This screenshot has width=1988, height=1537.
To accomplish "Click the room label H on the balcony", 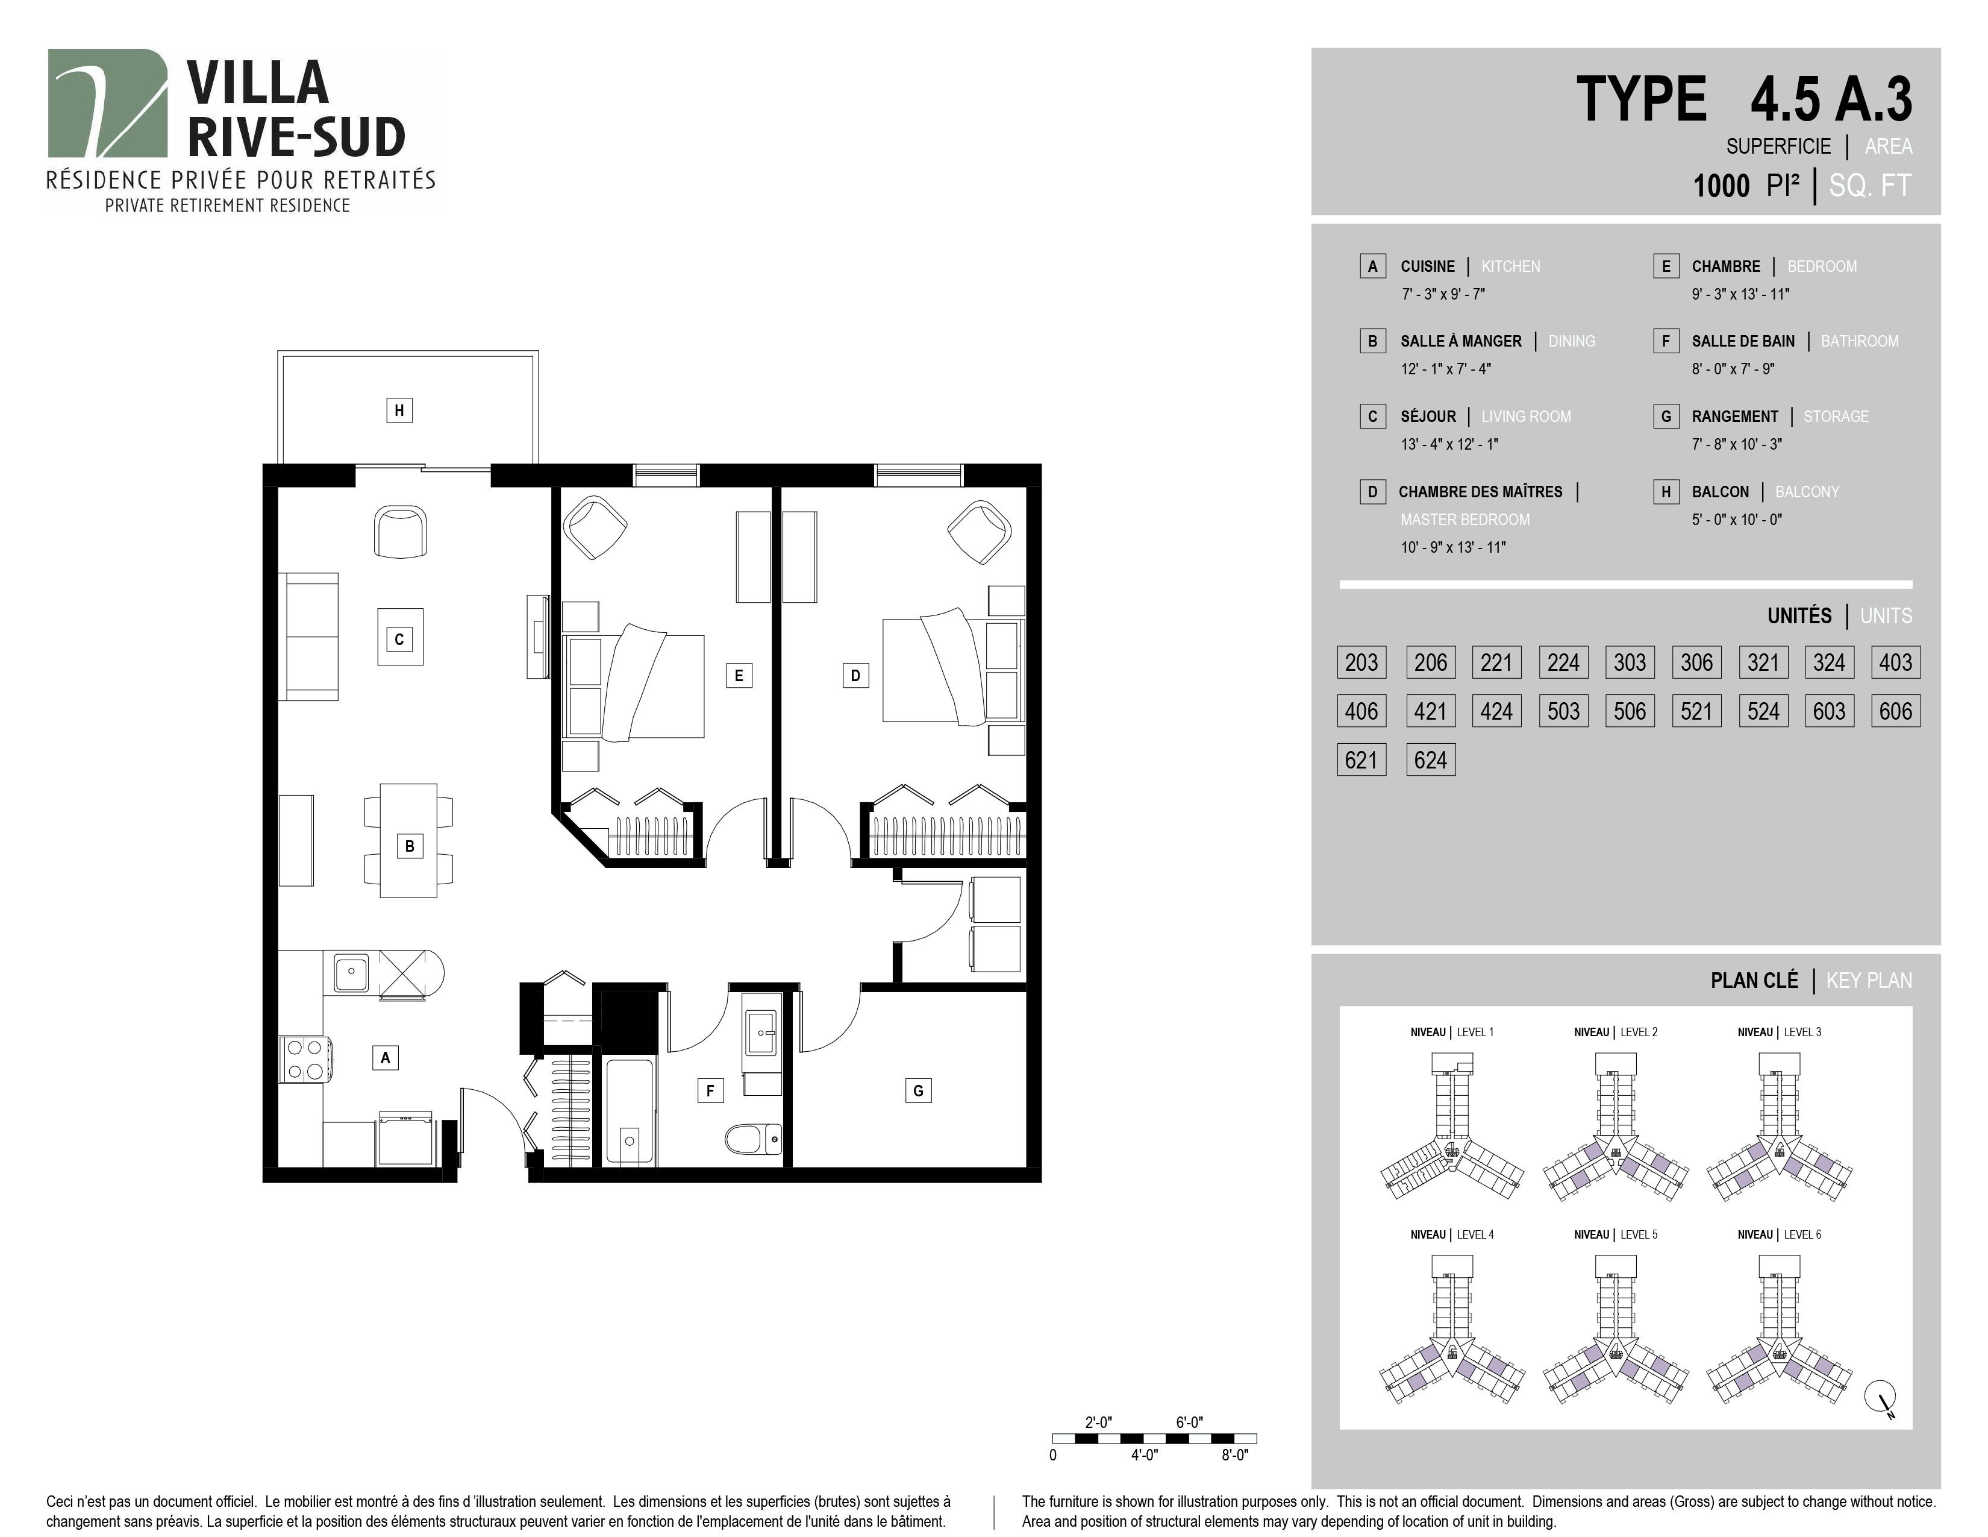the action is (x=399, y=410).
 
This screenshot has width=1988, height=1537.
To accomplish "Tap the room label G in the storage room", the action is (x=917, y=1090).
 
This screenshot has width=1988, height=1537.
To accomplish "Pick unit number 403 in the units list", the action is (x=1895, y=662).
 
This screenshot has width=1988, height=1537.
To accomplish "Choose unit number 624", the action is (x=1430, y=759).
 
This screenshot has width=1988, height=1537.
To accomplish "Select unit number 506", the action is (x=1630, y=711).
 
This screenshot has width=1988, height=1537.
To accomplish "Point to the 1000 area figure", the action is (x=1721, y=186).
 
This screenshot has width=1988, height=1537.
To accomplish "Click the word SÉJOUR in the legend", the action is (x=1428, y=416).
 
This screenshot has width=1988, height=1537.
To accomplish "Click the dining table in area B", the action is (x=408, y=840).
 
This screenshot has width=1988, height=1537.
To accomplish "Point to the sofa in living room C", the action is (x=308, y=636).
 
